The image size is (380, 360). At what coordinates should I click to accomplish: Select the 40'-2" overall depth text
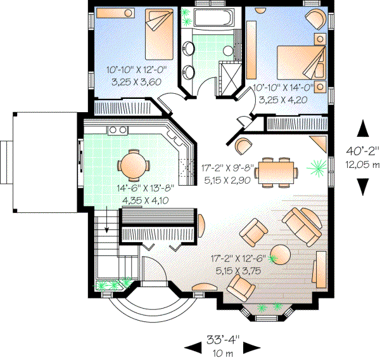tap(362, 151)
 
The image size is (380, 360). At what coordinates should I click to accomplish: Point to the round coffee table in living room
tap(282, 254)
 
